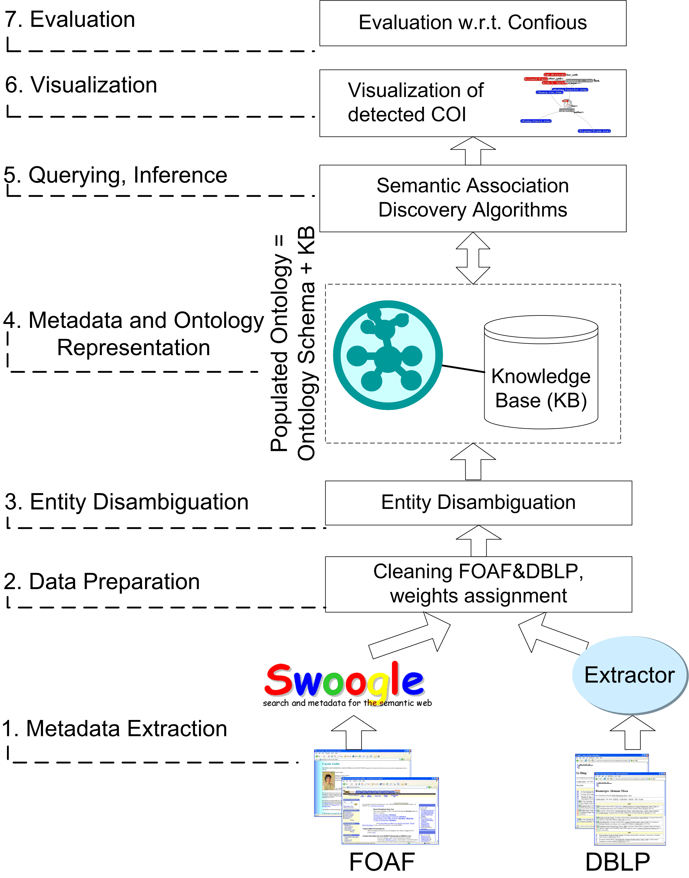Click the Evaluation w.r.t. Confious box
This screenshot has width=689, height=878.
[x=472, y=23]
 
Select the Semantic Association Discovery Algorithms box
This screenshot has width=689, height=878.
[x=472, y=198]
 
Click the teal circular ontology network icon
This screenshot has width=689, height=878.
[x=388, y=355]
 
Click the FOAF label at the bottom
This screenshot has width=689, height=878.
[x=382, y=862]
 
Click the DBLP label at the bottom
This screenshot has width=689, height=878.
[x=618, y=862]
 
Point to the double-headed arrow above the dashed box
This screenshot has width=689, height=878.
[x=473, y=258]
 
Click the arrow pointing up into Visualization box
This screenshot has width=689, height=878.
[x=473, y=150]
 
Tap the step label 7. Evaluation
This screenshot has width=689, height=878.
[x=70, y=20]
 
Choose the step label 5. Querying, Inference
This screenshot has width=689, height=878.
[x=116, y=175]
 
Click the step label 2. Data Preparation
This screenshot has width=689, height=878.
[x=102, y=582]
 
